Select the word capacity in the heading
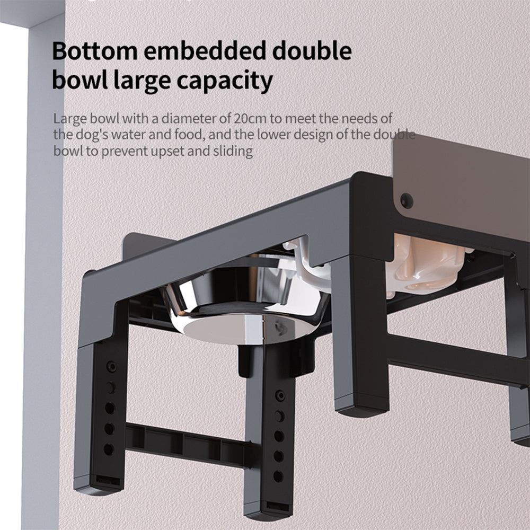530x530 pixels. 224,81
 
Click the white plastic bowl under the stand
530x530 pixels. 424,265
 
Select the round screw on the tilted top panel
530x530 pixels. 407,200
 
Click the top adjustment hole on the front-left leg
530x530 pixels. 111,367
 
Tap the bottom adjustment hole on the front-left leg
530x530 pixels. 109,449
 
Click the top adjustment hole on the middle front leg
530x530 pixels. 280,395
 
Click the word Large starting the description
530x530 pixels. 69,118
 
